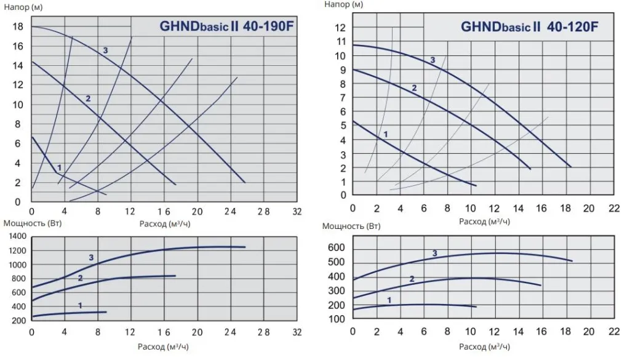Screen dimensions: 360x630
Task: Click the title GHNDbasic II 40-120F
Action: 530,27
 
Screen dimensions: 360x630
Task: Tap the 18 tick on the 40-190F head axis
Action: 18,26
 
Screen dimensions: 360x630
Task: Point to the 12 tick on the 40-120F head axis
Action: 340,28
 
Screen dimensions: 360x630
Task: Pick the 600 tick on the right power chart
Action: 337,248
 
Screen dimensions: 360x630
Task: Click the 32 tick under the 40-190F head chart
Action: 297,210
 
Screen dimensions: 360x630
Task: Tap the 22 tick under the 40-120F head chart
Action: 613,208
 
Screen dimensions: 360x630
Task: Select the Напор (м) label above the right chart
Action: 343,4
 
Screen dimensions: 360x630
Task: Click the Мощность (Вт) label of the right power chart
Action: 348,226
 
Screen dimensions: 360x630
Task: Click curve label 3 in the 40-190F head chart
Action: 105,50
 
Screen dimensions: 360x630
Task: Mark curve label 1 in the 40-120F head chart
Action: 386,134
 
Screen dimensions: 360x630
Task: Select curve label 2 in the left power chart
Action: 80,278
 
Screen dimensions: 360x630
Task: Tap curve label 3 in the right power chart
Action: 434,254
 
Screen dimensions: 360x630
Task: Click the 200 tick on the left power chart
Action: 18,321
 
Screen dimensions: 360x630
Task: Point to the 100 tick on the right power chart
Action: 337,319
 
